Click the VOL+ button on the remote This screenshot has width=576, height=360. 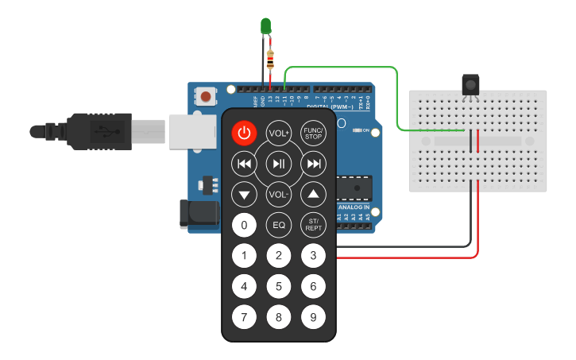tap(279, 133)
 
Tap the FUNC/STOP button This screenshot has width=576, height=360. tap(314, 133)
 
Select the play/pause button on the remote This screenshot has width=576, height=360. tap(279, 165)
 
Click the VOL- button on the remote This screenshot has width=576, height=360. tap(279, 195)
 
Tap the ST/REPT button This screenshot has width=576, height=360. tap(314, 225)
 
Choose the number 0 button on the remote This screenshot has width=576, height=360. tap(244, 225)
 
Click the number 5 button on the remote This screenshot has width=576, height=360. tap(279, 287)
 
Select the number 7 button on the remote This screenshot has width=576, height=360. tap(244, 318)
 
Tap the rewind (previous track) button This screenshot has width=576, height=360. tap(244, 165)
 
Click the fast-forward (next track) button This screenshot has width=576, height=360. tap(314, 165)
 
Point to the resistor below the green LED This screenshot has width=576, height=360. tap(272, 59)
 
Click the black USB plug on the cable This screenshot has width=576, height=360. tap(95, 130)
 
